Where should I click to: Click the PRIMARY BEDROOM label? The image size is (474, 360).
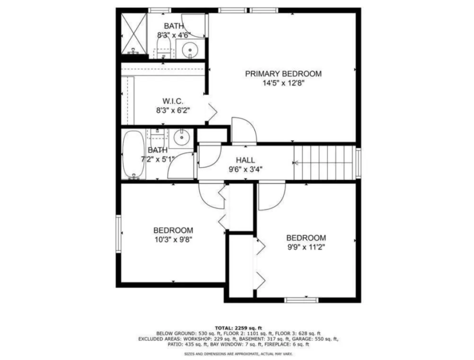(283, 74)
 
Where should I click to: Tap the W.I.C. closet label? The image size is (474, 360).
(173, 101)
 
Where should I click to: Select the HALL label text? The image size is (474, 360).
(245, 160)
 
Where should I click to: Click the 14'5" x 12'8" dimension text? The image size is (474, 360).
(283, 83)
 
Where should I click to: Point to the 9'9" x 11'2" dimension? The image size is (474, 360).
(306, 247)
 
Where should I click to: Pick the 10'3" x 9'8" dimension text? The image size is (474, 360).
(173, 240)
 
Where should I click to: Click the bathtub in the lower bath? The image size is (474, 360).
(133, 155)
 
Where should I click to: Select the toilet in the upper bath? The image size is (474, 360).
(164, 49)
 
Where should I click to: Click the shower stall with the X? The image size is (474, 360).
(134, 33)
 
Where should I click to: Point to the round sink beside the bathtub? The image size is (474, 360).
(181, 138)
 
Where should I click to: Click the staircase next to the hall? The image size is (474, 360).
(324, 163)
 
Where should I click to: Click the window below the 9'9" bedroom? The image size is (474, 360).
(301, 300)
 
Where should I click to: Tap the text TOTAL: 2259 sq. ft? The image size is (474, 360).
(238, 328)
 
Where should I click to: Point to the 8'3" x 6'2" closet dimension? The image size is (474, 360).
(173, 110)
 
